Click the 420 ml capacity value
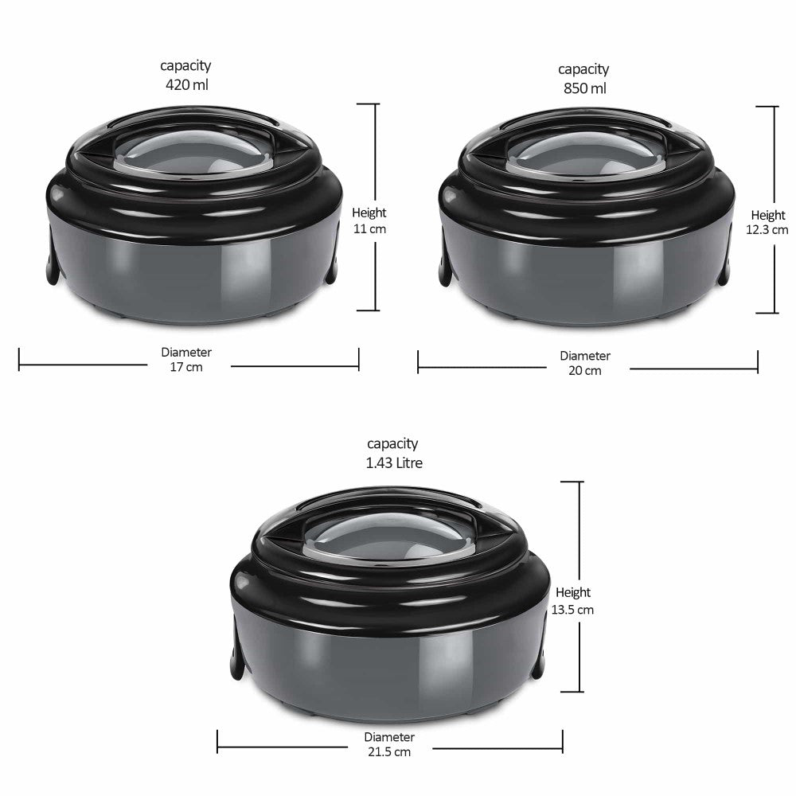point(187,84)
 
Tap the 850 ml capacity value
point(585,88)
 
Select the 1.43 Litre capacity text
point(394,462)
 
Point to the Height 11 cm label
point(369,220)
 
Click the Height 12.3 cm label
point(767,222)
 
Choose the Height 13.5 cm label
point(572,601)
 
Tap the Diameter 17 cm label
point(186,360)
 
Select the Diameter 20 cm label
point(585,363)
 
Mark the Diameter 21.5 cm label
point(389,744)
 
